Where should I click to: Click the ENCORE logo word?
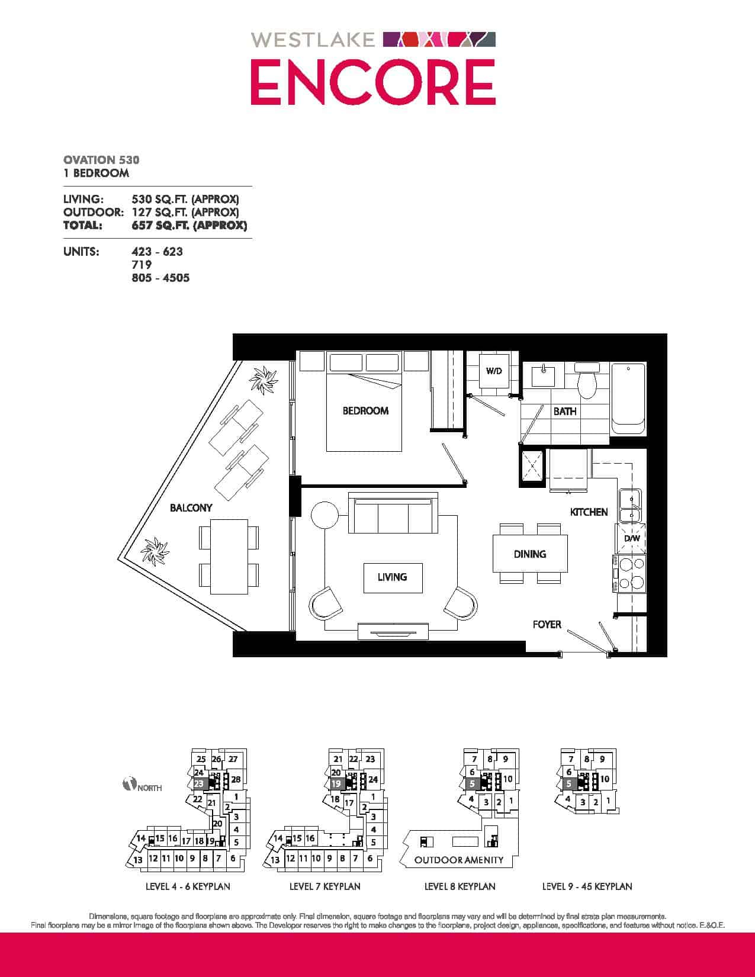(x=373, y=82)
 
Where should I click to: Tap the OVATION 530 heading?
(x=101, y=160)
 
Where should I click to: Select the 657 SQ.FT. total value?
(x=189, y=225)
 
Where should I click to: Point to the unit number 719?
(x=141, y=264)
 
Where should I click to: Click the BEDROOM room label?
(x=365, y=410)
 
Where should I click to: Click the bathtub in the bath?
(x=628, y=398)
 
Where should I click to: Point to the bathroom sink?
(x=543, y=376)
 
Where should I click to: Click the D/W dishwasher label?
(x=631, y=538)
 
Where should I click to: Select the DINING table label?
(x=530, y=554)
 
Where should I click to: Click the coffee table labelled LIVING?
(x=393, y=577)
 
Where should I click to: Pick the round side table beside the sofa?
(x=325, y=515)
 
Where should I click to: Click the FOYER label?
(x=547, y=625)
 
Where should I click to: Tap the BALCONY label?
(x=191, y=507)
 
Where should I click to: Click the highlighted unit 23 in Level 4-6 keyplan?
(x=198, y=783)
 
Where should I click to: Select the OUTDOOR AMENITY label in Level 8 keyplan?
(x=459, y=860)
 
